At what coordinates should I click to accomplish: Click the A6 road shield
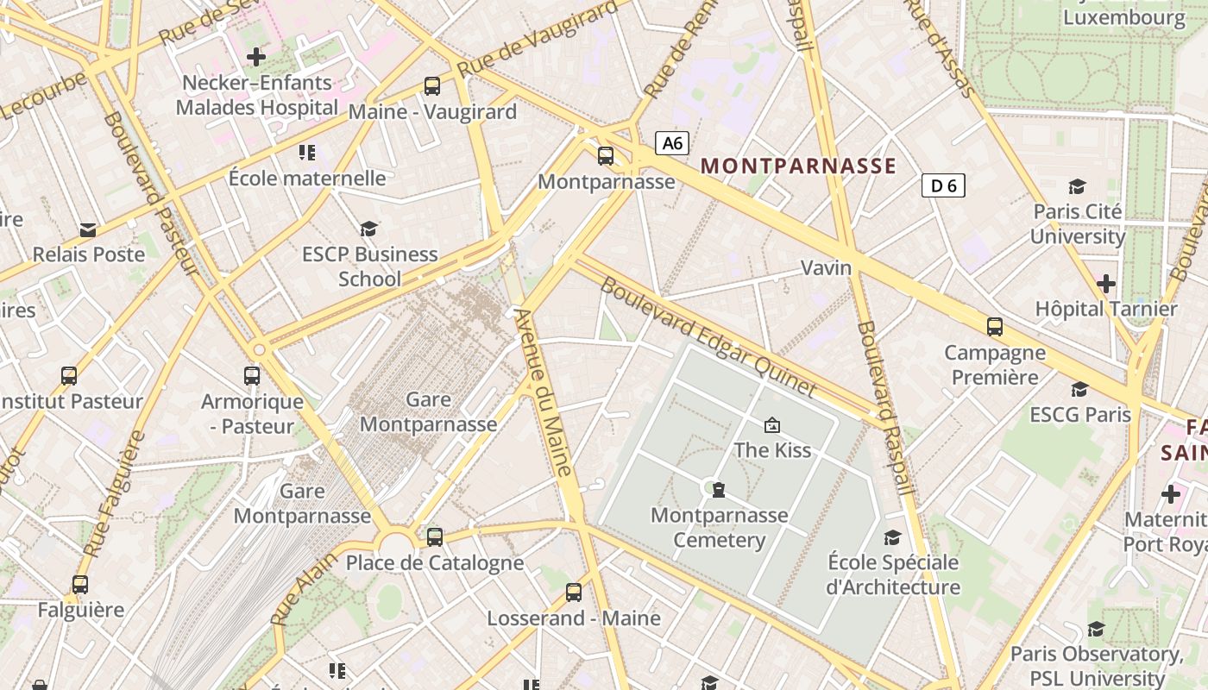coord(672,143)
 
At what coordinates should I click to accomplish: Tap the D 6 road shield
coord(942,185)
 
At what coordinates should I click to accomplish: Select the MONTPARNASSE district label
coord(798,166)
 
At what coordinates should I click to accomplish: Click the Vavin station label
coord(826,267)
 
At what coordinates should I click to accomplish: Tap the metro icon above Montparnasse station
coord(606,156)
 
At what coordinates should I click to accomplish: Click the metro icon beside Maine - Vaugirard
coord(432,86)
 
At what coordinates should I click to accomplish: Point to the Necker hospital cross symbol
coord(256,58)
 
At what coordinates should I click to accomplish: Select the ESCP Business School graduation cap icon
coord(369,229)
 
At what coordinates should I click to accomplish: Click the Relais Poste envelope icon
coord(88,230)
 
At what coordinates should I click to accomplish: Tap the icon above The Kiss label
coord(772,424)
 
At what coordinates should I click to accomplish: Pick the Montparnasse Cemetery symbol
coord(718,490)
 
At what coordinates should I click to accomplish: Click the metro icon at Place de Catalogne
coord(435,536)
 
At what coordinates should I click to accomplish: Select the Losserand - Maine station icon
coord(574,593)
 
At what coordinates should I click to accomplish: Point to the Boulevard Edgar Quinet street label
coord(708,336)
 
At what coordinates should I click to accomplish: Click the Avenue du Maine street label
coord(544,392)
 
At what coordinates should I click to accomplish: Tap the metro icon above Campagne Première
coord(995,327)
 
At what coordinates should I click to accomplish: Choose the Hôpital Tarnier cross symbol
coord(1105,284)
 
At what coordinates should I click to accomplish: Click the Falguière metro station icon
coord(80,585)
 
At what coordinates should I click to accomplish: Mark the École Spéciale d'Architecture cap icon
coord(893,537)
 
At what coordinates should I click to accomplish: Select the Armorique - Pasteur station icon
coord(252,376)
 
